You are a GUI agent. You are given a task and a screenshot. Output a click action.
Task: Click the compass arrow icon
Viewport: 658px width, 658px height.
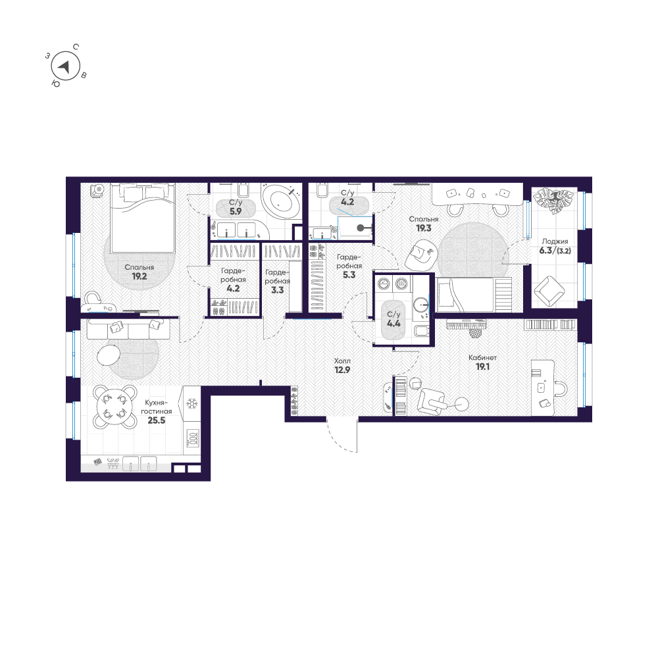64,66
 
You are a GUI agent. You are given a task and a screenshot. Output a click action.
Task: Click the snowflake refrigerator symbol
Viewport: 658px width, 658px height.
193,404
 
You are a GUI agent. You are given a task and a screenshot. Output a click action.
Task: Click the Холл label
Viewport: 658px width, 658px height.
342,361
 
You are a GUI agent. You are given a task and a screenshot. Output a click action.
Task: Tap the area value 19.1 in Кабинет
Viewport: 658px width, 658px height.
482,367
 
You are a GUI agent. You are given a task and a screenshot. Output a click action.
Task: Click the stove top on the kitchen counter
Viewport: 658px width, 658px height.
193,436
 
